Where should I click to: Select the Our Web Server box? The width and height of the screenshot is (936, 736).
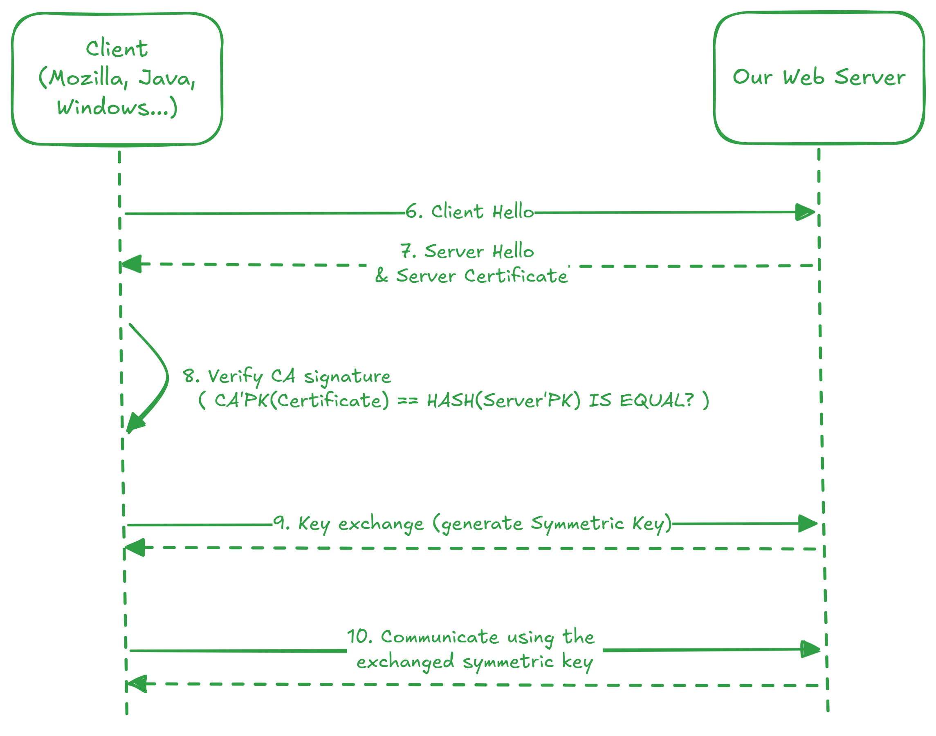pyautogui.click(x=819, y=78)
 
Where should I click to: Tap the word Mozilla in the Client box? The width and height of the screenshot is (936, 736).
pyautogui.click(x=86, y=79)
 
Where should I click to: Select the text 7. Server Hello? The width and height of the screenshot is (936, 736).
pyautogui.click(x=467, y=251)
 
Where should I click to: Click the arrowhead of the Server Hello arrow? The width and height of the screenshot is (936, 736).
pyautogui.click(x=131, y=264)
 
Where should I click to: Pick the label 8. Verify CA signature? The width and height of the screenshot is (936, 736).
pyautogui.click(x=287, y=377)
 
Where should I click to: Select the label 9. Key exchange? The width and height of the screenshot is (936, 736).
pyautogui.click(x=350, y=524)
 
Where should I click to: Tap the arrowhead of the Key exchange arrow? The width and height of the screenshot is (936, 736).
pyautogui.click(x=808, y=523)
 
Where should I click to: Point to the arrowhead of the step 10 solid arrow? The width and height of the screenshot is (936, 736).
pyautogui.click(x=810, y=649)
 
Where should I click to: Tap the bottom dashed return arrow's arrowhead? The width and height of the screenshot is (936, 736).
pyautogui.click(x=136, y=684)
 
